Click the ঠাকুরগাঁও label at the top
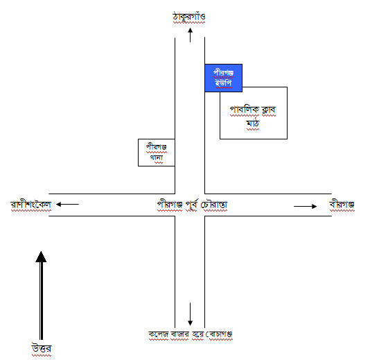pyautogui.click(x=189, y=17)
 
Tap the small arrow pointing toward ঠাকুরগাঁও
pyautogui.click(x=191, y=35)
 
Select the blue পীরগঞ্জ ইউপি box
pyautogui.click(x=223, y=78)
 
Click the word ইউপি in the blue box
pyautogui.click(x=223, y=83)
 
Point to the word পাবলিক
pyautogui.click(x=245, y=110)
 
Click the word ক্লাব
pyautogui.click(x=269, y=110)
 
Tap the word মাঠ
pyautogui.click(x=253, y=123)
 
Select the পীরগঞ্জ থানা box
pyautogui.click(x=157, y=153)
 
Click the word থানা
pyautogui.click(x=157, y=157)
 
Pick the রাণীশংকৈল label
pyautogui.click(x=31, y=205)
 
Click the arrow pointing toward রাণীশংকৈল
pyautogui.click(x=67, y=205)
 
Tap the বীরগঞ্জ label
pyautogui.click(x=342, y=205)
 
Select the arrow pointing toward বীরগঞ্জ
pyautogui.click(x=306, y=206)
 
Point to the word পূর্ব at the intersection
pyautogui.click(x=192, y=205)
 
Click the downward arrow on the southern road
pyautogui.click(x=191, y=314)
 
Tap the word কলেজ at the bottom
pyautogui.click(x=158, y=334)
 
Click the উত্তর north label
pyautogui.click(x=42, y=349)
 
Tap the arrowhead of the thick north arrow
pyautogui.click(x=41, y=257)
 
